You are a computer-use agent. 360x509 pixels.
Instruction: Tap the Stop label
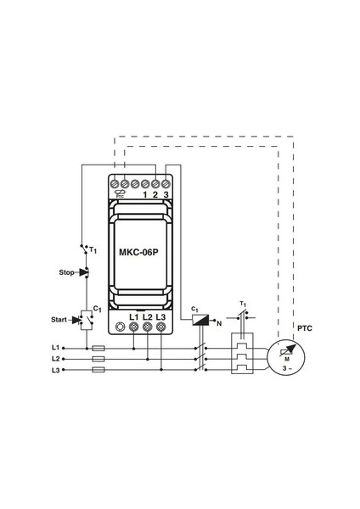[65, 273]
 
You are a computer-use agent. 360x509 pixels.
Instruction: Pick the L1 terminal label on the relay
[133, 316]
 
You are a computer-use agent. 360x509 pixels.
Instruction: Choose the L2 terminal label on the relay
[147, 316]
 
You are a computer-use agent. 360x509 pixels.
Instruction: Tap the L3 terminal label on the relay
[161, 316]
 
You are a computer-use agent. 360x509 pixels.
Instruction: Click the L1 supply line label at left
[56, 348]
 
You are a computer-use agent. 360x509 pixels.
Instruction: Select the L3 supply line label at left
[56, 371]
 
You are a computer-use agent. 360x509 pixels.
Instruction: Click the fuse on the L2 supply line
[98, 359]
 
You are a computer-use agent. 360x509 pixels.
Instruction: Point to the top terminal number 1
[145, 193]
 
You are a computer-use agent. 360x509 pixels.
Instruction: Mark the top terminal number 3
[166, 193]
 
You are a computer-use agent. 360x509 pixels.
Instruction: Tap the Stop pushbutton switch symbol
[83, 272]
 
